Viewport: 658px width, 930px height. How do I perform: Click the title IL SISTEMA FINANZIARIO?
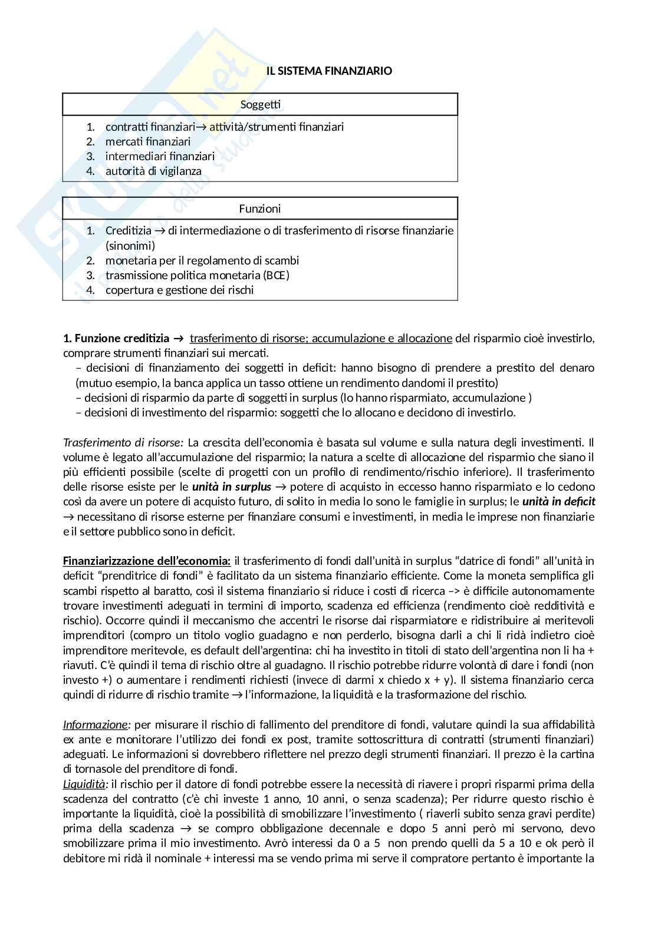coord(329,71)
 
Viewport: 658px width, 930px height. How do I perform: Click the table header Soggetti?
coord(260,105)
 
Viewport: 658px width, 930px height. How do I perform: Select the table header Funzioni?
coord(260,208)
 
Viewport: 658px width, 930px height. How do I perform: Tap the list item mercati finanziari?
coord(148,141)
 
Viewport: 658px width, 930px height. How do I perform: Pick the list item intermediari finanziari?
coord(160,156)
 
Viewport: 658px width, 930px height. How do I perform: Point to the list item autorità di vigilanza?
coord(153,171)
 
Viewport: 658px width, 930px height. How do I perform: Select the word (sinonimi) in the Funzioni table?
coord(130,246)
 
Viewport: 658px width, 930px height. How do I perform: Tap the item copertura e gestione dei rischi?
coord(179,290)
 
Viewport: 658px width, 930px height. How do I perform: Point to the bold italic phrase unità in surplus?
coord(232,486)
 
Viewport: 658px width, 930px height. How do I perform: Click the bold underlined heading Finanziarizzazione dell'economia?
coord(147,561)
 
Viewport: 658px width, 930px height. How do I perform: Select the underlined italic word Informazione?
coord(95,724)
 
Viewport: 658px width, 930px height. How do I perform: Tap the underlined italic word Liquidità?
coord(85,784)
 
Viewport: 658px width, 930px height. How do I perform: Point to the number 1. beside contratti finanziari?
coord(90,127)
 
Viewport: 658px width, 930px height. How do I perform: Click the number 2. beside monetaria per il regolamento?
coord(90,260)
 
